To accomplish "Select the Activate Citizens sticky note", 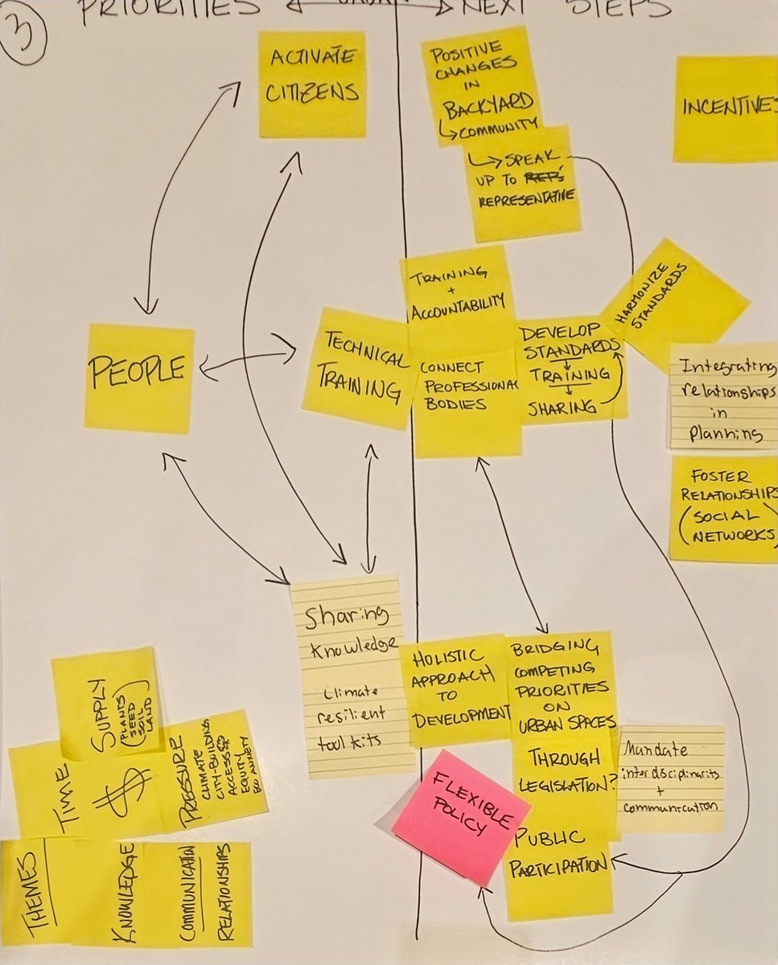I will (x=312, y=83).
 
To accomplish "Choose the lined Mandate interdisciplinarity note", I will (x=669, y=776).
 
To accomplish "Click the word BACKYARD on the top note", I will (x=488, y=102).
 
